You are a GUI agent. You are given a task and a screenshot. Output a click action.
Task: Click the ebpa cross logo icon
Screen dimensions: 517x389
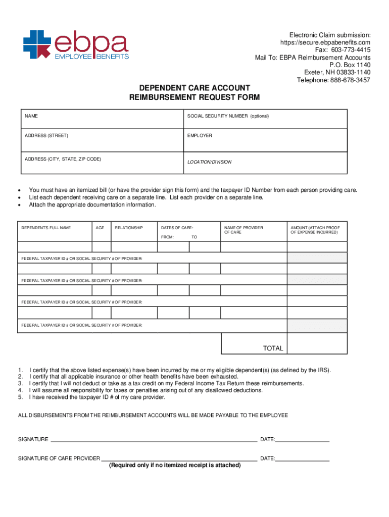tap(37, 44)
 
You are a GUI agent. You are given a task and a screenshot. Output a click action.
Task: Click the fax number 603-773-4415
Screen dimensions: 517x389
tap(343, 50)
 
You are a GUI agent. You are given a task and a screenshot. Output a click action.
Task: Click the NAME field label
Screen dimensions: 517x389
tap(31, 116)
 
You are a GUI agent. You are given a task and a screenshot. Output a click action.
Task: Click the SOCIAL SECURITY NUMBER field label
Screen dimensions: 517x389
tap(228, 116)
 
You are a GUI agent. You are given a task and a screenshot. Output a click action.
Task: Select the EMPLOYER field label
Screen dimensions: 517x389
tap(200, 136)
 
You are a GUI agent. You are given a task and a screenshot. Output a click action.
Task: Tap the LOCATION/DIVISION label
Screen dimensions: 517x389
tap(209, 162)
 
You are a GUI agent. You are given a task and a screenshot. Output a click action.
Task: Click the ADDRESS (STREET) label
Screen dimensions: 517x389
tap(46, 136)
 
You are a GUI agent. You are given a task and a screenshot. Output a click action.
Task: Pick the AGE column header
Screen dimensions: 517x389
tap(100, 228)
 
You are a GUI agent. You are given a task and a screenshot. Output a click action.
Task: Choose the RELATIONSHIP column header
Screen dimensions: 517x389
tap(129, 228)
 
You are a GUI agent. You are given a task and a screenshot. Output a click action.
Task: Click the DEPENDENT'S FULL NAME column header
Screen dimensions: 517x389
tap(46, 228)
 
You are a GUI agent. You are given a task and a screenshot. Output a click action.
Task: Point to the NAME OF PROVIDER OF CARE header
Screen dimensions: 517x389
tap(244, 230)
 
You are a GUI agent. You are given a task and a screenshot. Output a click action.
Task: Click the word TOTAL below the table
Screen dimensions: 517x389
tap(273, 348)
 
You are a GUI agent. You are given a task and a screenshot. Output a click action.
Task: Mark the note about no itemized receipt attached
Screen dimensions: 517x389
tap(175, 465)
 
